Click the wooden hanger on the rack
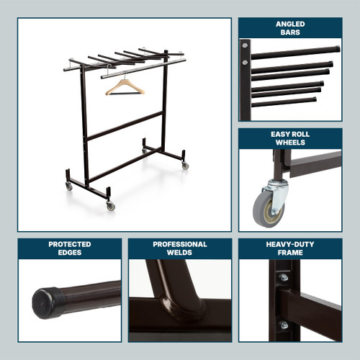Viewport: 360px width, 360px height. (125, 89)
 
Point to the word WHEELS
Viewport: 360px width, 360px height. (289, 143)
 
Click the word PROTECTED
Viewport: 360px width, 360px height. (70, 245)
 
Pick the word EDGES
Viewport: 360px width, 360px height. (70, 253)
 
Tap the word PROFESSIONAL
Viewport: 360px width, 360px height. (180, 245)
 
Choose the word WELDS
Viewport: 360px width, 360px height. (180, 253)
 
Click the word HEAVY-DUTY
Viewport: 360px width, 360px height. (289, 245)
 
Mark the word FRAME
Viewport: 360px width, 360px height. (289, 253)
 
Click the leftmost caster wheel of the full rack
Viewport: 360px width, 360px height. (69, 186)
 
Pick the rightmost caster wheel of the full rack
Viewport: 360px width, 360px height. (185, 166)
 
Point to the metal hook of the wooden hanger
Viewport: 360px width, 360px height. (124, 76)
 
